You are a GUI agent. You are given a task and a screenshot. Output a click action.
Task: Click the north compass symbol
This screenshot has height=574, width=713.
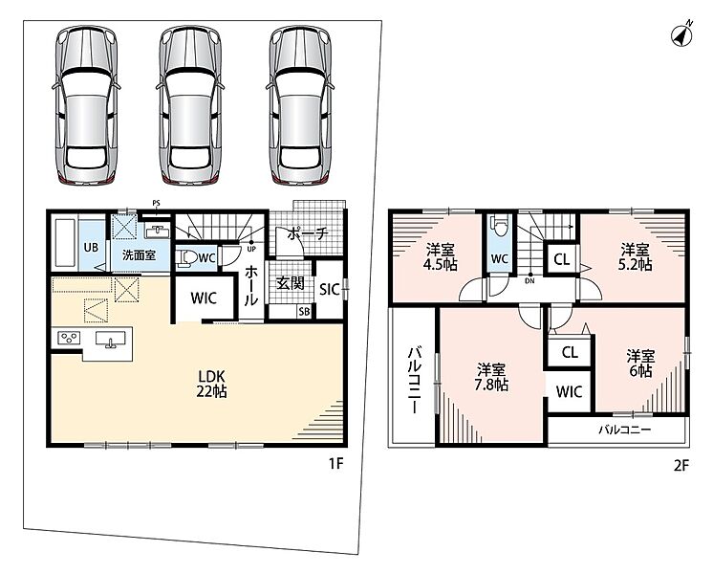(x=682, y=34)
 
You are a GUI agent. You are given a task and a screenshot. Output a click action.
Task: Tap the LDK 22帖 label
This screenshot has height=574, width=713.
(x=211, y=384)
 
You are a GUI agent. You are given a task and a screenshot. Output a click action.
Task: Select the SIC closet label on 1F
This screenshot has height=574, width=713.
(x=330, y=290)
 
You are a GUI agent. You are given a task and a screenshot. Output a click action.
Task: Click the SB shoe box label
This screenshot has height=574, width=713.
(x=304, y=312)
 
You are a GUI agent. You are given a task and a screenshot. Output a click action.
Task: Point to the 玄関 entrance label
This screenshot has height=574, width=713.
(x=291, y=283)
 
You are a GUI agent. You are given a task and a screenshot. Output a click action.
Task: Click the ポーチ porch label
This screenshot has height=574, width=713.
(x=308, y=234)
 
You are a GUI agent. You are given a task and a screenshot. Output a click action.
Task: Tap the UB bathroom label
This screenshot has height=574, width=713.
(x=91, y=247)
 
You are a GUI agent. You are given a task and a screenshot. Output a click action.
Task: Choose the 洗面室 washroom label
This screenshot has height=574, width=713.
(x=140, y=254)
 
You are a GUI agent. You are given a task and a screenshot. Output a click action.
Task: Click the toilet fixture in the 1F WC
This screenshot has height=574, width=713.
(x=186, y=258)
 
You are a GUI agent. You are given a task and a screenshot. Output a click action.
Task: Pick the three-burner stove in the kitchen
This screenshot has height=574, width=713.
(x=69, y=338)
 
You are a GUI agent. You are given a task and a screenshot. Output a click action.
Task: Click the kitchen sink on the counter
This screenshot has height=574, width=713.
(x=111, y=340)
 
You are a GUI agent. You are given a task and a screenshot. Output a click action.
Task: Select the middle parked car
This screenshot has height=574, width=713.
(x=190, y=105)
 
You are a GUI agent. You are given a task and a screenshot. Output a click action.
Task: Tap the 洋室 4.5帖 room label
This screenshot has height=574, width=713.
(x=441, y=257)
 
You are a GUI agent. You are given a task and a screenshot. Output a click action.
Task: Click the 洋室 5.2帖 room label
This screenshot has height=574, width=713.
(x=635, y=257)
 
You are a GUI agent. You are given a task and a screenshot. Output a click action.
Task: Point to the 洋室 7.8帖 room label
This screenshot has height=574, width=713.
(x=491, y=377)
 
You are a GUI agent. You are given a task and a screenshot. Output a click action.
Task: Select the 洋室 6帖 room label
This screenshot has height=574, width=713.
(x=640, y=363)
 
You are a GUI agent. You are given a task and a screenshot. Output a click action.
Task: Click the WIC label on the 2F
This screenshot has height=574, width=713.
(x=569, y=391)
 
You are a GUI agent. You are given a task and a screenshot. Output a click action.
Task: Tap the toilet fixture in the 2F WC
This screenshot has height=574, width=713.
(x=500, y=227)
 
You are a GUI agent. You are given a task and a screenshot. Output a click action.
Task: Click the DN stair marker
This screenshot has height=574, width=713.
(x=529, y=278)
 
